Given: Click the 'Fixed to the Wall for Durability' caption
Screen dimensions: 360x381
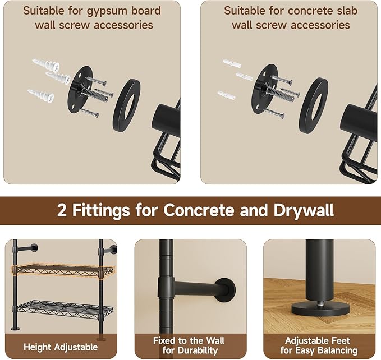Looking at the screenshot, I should click(x=189, y=345).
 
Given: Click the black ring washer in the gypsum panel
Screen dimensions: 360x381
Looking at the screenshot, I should click(x=126, y=104).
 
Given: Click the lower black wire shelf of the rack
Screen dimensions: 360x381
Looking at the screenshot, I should click(x=62, y=308).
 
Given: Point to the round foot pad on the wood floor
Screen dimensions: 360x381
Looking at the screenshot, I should click(x=322, y=309).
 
